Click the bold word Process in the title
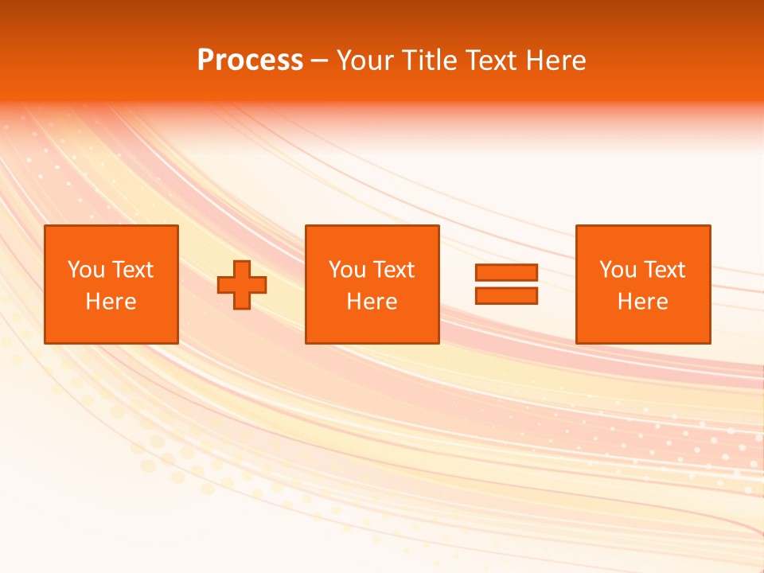coord(250,60)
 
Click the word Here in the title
coord(556,60)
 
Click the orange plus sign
coord(242,285)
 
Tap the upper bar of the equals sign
coord(506,273)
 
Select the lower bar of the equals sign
coord(506,296)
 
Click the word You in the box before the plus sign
coord(86,270)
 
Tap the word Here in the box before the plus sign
coord(111,302)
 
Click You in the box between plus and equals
coord(347,270)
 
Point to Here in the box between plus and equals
coord(372,302)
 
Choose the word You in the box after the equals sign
coord(618,270)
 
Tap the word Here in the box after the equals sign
coord(642,302)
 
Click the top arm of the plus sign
coord(242,268)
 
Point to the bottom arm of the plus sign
coord(242,302)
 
